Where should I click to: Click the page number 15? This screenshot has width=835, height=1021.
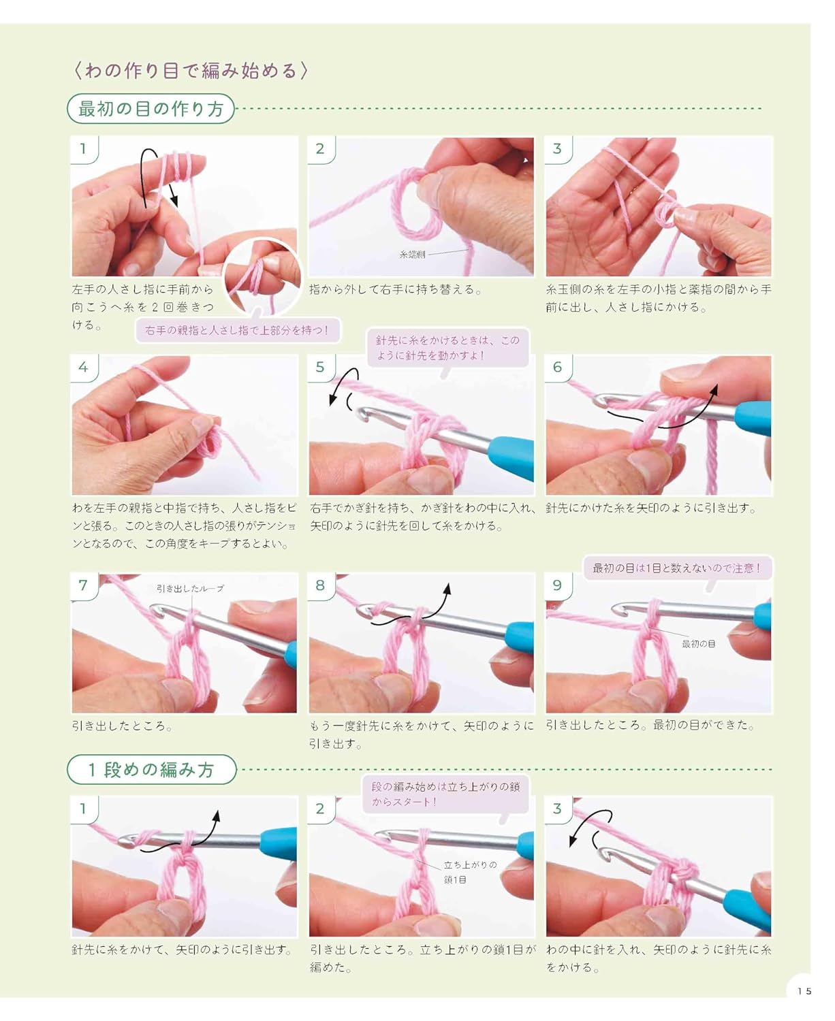click(804, 990)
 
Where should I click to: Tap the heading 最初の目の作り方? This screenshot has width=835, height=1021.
click(151, 108)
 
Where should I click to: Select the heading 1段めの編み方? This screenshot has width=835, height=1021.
click(152, 769)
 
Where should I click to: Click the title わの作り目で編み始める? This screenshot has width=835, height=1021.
click(190, 71)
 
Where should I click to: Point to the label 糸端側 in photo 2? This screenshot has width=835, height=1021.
click(412, 254)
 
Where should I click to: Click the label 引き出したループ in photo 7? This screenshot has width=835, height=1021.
click(190, 588)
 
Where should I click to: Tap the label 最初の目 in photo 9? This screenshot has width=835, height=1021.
click(698, 644)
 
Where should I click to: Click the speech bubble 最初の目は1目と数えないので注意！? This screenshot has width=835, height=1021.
click(677, 568)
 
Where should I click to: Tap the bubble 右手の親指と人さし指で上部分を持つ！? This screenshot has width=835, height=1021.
click(237, 330)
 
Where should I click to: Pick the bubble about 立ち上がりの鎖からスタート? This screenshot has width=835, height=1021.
click(445, 794)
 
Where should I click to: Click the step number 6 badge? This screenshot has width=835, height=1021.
click(558, 368)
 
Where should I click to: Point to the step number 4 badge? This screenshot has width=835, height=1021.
click(84, 368)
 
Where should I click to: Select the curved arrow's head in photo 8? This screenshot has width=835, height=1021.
click(447, 588)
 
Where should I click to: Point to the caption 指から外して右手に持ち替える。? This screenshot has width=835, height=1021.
click(396, 289)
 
